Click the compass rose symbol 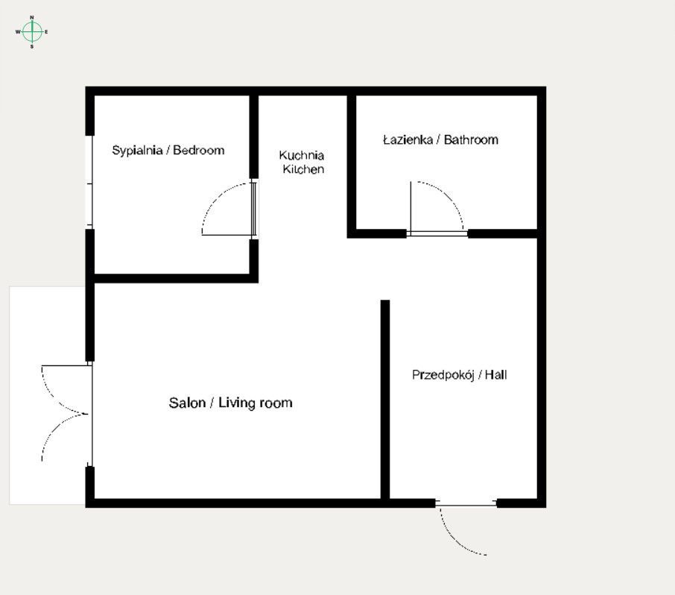31,31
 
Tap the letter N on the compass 31,17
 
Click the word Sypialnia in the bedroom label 137,151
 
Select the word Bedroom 199,151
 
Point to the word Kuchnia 302,155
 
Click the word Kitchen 303,169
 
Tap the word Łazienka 409,139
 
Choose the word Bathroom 471,139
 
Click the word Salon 186,403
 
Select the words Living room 256,403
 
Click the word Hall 495,375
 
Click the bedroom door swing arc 216,198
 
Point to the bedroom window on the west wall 89,182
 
